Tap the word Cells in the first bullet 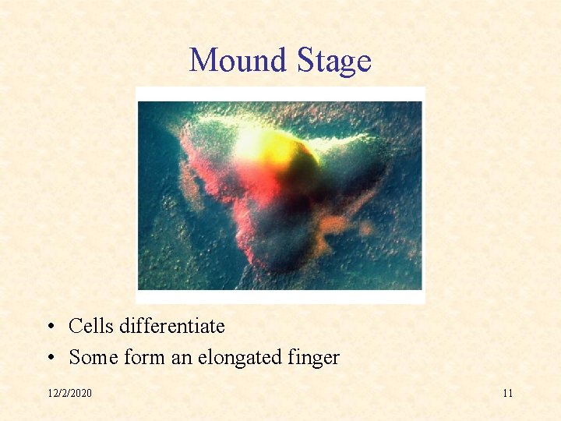[x=91, y=325]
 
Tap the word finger [x=315, y=358]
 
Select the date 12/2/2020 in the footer [x=69, y=393]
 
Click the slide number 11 [x=507, y=393]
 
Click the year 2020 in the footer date [x=80, y=393]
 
